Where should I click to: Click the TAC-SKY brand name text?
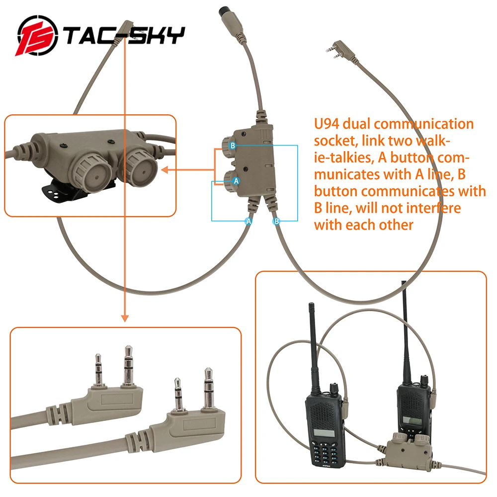124,36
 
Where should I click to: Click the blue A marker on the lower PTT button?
237,181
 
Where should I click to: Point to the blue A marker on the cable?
249,221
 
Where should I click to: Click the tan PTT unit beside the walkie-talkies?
405,450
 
